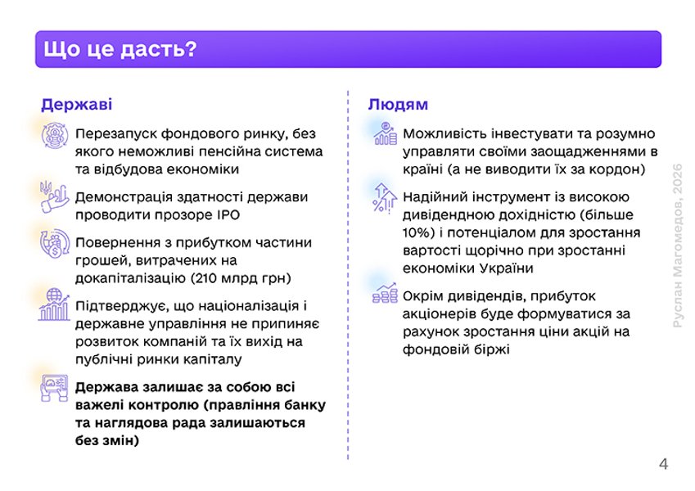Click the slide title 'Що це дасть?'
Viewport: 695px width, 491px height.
tap(120, 50)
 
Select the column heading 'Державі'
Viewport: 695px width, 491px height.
tap(77, 106)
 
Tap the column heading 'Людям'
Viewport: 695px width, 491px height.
tap(398, 106)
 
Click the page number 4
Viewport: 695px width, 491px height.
tap(663, 465)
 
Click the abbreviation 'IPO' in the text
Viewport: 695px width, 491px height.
tap(230, 214)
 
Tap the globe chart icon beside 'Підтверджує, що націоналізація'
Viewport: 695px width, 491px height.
tap(55, 305)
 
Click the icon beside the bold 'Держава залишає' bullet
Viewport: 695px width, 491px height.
tap(55, 387)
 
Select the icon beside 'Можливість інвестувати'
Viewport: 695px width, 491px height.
tap(385, 134)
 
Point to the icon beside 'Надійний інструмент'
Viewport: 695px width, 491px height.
tap(385, 197)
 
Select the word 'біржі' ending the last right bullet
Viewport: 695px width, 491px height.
tap(490, 349)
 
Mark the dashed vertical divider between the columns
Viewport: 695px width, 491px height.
tap(348, 278)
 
